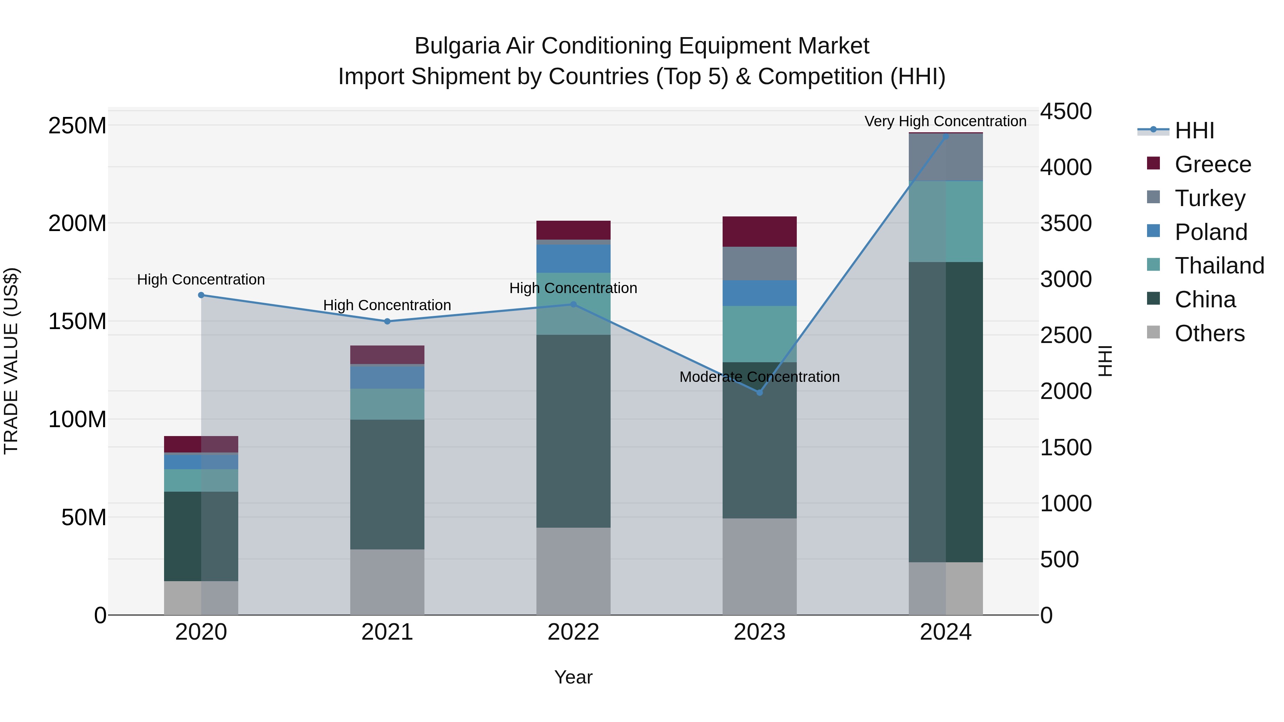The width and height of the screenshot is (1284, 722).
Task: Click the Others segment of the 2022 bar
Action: point(573,571)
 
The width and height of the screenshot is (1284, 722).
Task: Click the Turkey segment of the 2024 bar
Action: point(946,157)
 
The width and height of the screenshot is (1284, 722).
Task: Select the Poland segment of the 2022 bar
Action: point(573,258)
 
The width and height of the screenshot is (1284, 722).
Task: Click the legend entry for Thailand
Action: point(1218,266)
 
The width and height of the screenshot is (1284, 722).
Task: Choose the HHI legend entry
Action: point(1193,130)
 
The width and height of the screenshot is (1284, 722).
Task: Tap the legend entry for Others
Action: point(1209,333)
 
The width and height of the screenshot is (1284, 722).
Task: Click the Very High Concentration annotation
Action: point(945,121)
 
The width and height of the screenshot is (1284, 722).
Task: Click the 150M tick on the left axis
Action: point(77,321)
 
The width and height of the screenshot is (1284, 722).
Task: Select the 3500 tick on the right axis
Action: point(1066,223)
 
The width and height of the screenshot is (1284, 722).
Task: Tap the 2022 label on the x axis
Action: point(573,632)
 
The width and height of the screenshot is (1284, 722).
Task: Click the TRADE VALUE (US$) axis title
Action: point(11,361)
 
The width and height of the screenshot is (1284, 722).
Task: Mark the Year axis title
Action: point(573,677)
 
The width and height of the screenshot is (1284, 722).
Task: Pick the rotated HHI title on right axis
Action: point(1105,361)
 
